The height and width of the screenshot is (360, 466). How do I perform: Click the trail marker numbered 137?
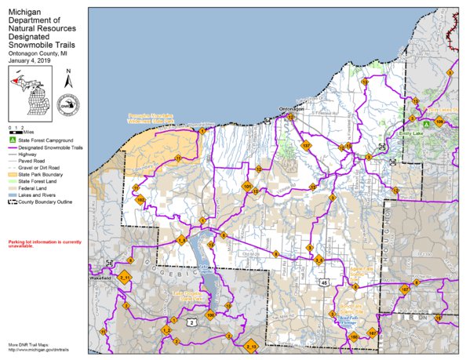[306, 146]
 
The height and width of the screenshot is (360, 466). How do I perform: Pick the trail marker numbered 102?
[140, 201]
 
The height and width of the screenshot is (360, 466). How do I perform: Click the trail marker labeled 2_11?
[126, 277]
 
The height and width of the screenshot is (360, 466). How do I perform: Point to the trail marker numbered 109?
[439, 122]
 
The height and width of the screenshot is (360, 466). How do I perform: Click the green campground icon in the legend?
[11, 139]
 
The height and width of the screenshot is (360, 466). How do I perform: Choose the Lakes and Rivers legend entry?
[39, 195]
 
